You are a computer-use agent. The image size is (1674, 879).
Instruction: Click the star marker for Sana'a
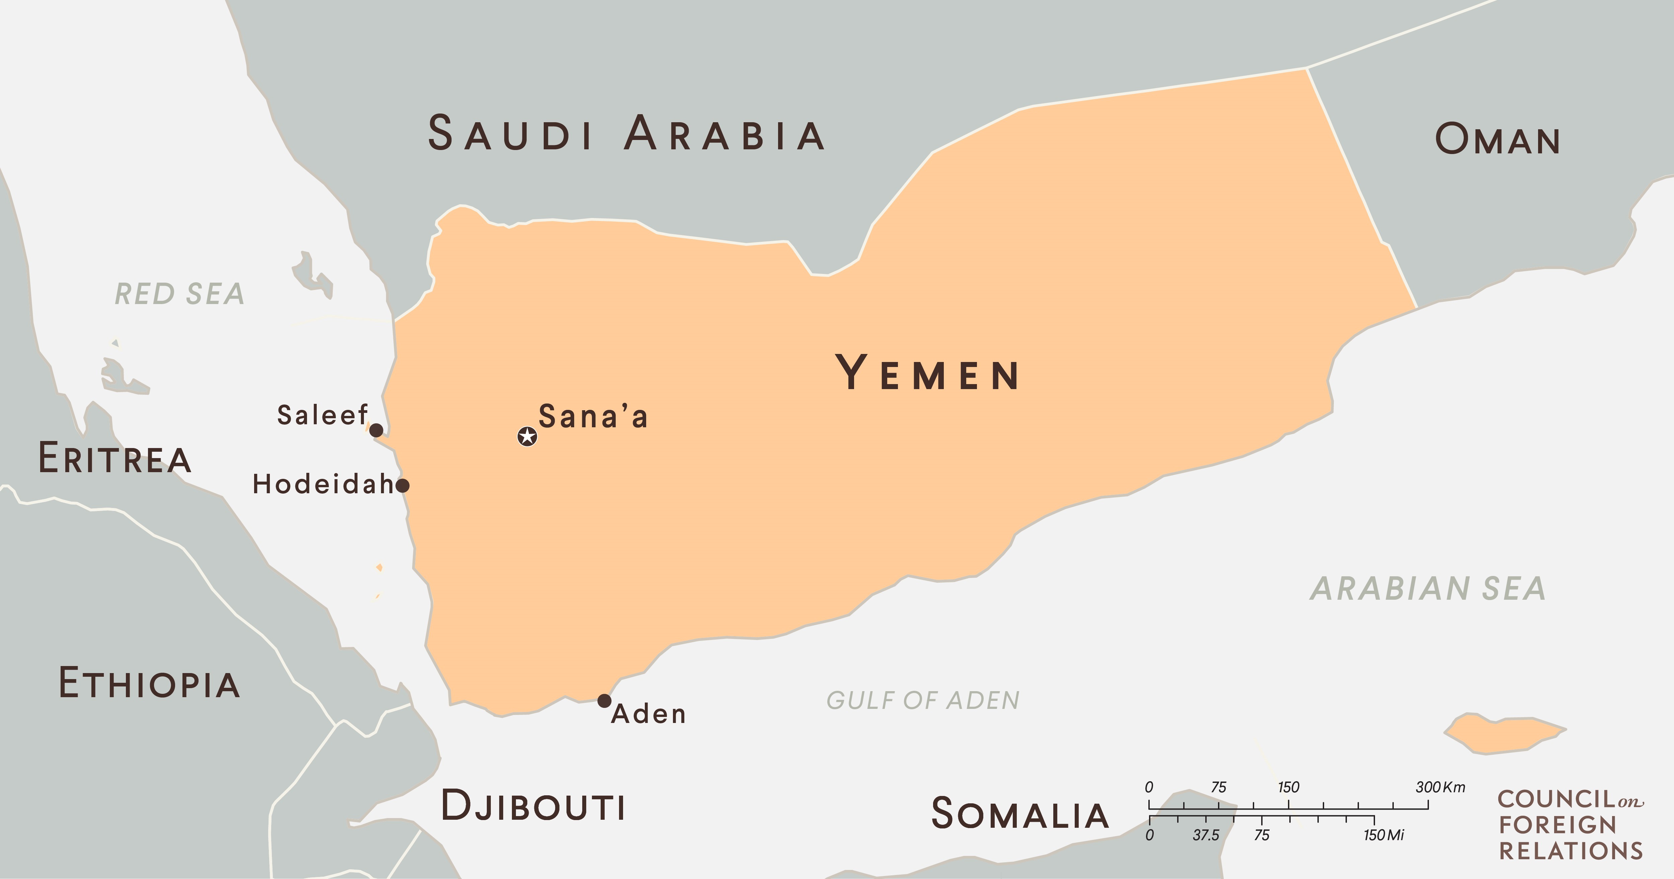[527, 436]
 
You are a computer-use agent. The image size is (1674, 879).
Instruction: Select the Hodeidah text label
[323, 484]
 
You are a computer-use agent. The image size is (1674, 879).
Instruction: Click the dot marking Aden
[604, 701]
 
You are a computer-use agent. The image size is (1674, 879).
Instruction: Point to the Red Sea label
[179, 294]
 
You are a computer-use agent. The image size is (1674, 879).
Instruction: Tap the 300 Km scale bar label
[1440, 787]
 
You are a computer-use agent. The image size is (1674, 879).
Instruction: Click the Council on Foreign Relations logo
[1570, 824]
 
